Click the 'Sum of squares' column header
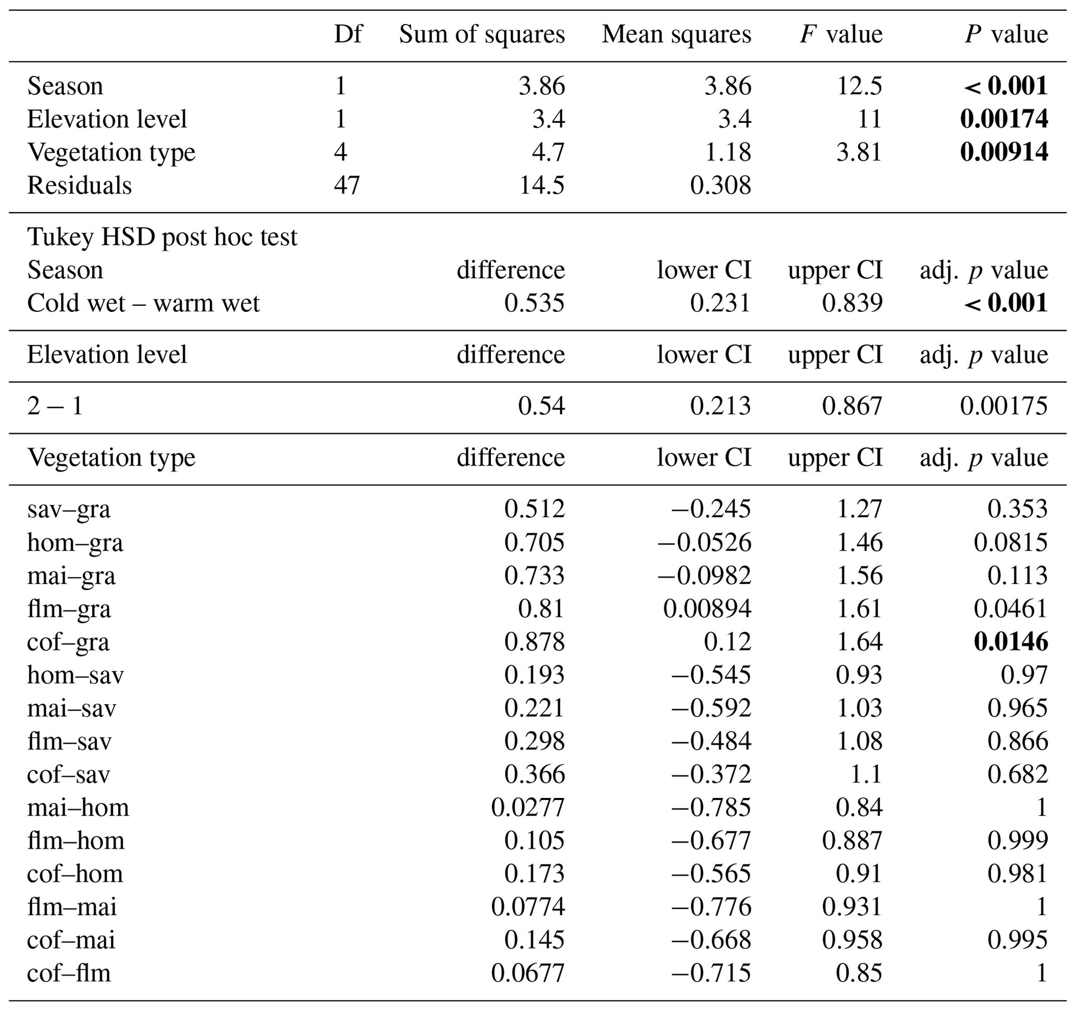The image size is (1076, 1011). (482, 35)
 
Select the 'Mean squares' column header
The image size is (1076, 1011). (676, 35)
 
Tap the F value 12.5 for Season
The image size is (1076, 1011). (859, 86)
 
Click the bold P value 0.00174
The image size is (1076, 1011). (1004, 119)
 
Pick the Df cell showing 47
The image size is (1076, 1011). (346, 185)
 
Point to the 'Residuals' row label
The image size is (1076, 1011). (80, 185)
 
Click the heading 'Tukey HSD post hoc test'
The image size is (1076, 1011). (162, 236)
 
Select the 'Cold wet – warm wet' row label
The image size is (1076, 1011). (144, 303)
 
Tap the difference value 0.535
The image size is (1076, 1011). (534, 303)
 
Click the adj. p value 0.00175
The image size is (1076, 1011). (1004, 406)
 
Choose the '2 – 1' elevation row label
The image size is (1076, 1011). (55, 406)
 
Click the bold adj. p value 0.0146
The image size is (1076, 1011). (1010, 642)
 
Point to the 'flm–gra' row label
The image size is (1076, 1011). (69, 609)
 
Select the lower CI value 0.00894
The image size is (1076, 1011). (707, 609)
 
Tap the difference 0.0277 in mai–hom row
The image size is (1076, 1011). (528, 807)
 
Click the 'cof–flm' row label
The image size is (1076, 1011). (69, 973)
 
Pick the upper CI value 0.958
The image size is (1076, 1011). (852, 940)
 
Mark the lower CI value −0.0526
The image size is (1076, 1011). (704, 542)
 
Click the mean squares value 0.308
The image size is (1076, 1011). (720, 185)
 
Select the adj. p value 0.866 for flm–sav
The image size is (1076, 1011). (1018, 741)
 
